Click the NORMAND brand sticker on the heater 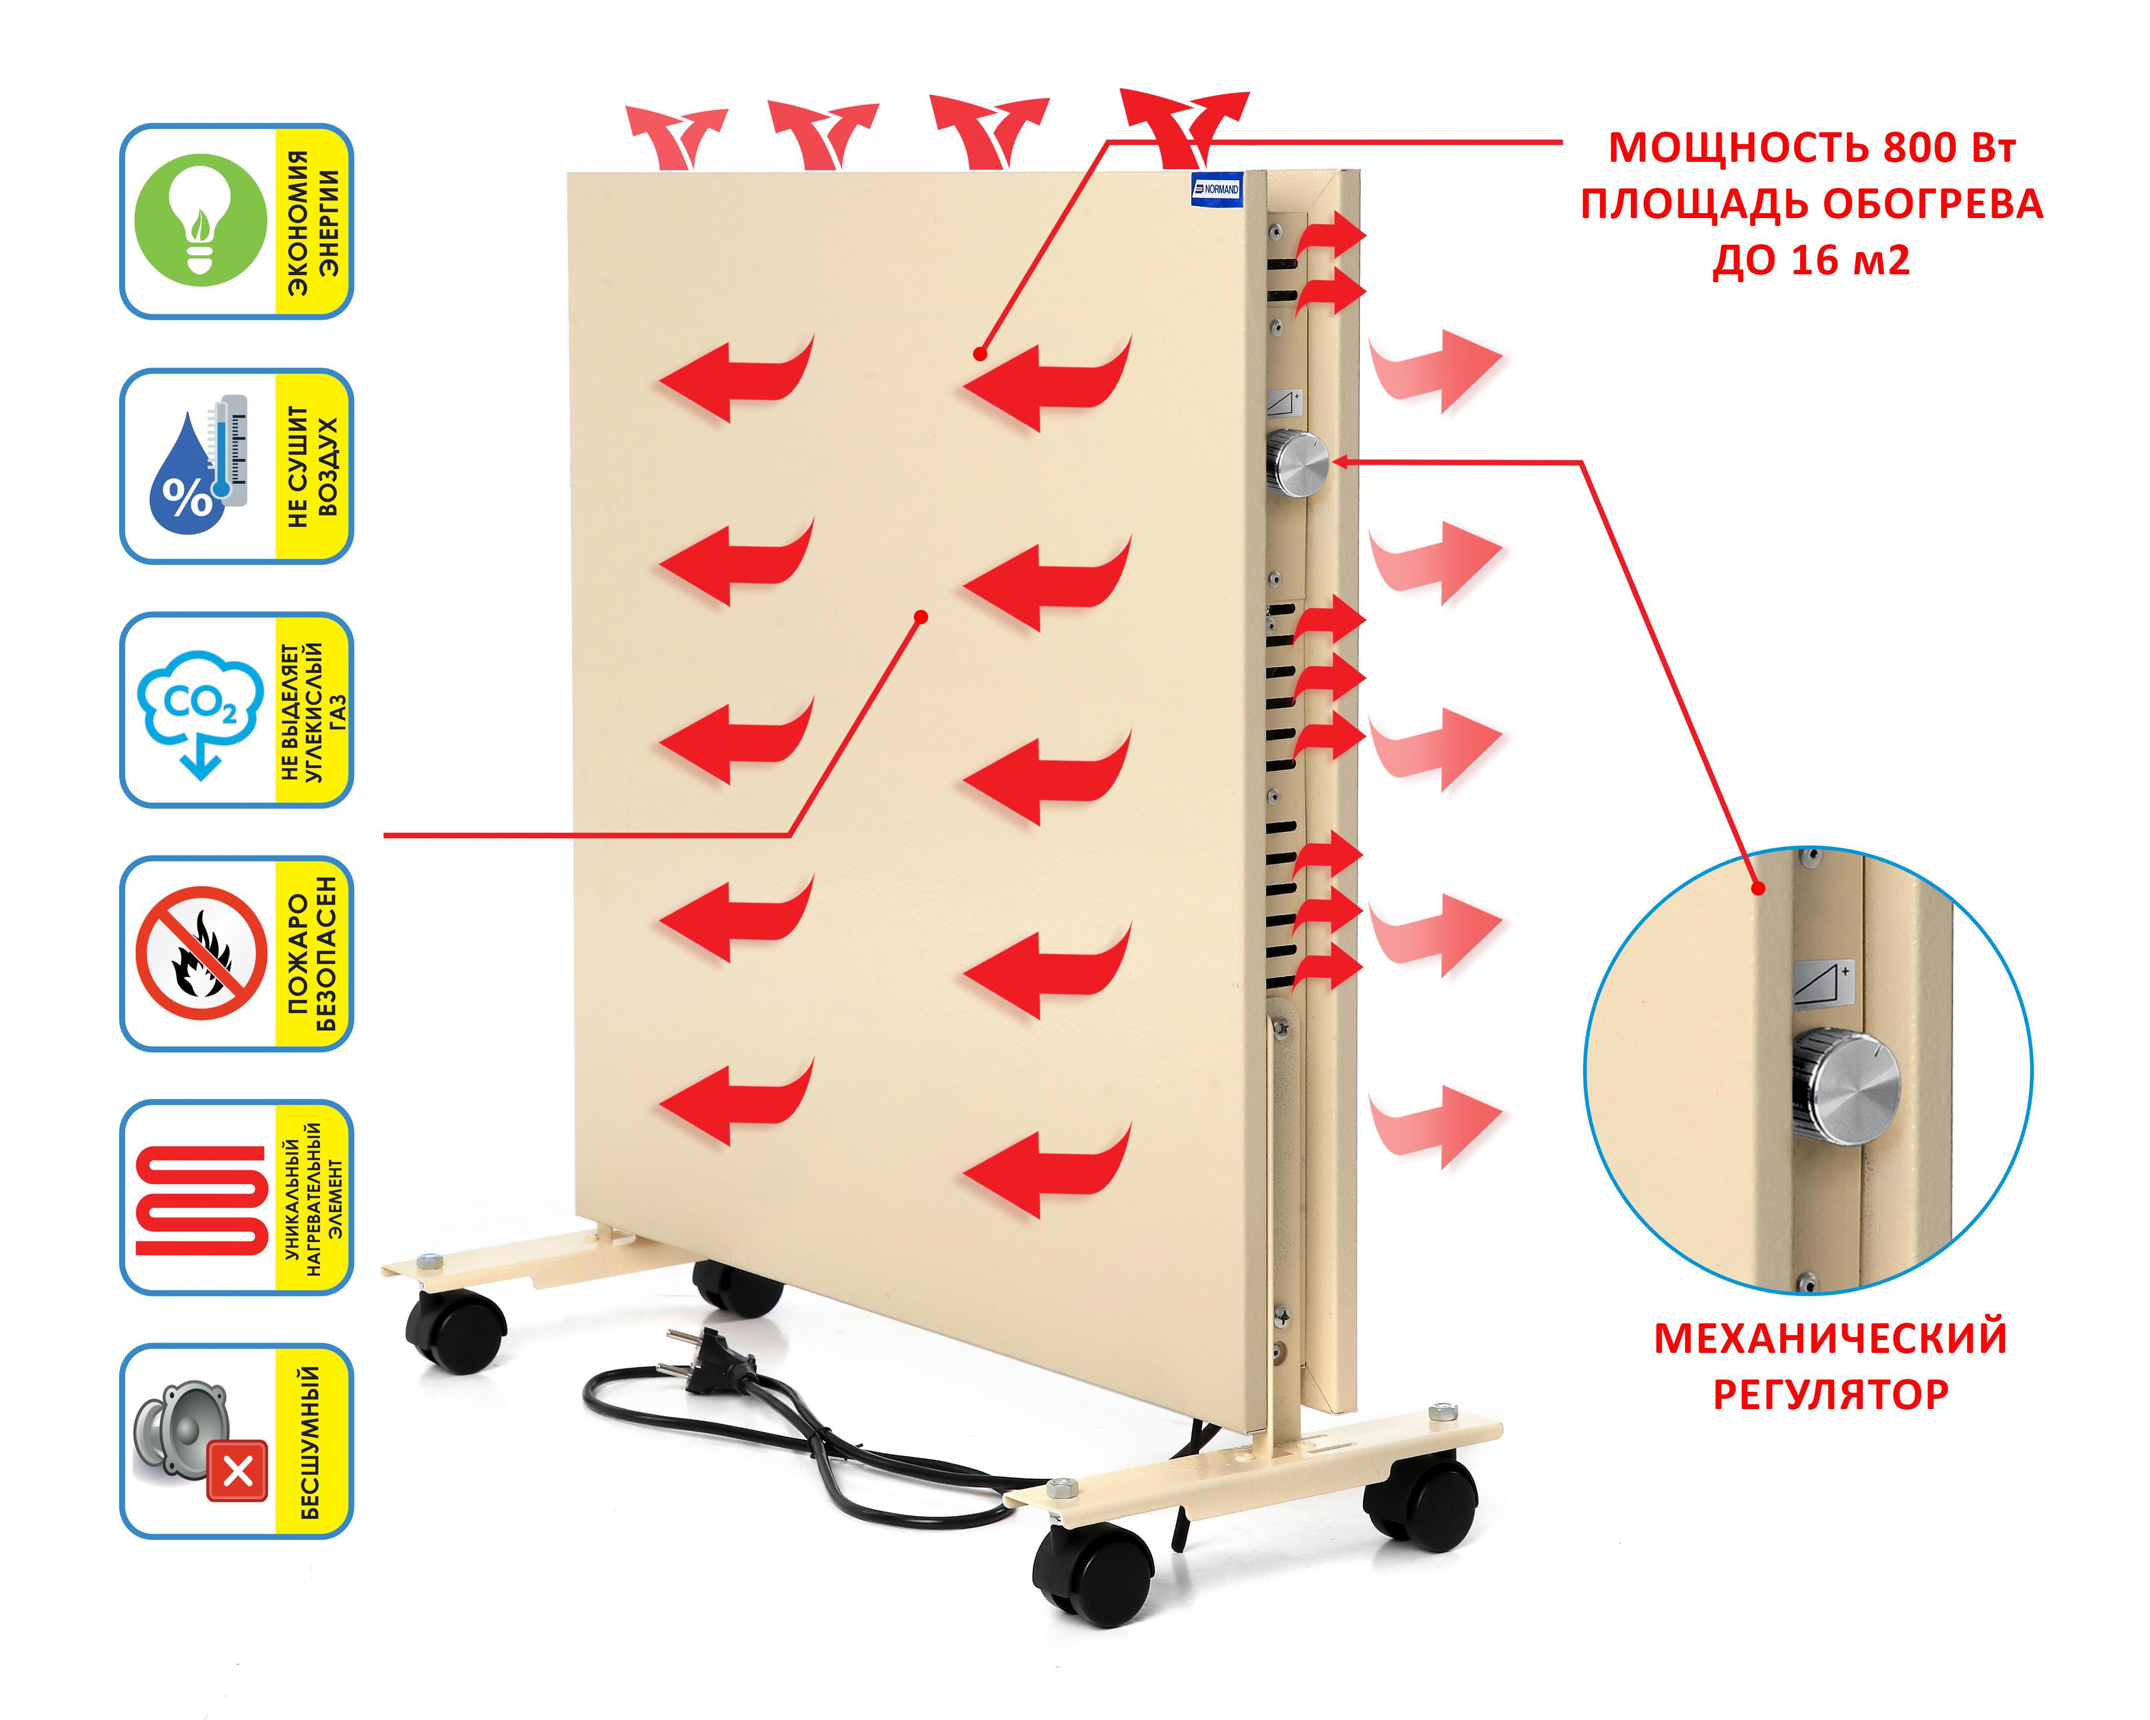pyautogui.click(x=1217, y=189)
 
